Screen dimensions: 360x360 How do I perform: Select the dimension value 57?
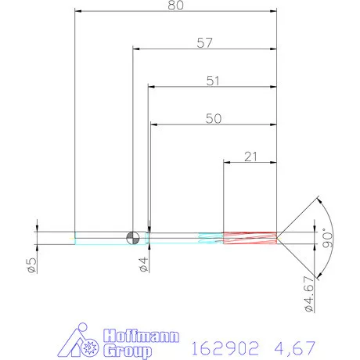pyautogui.click(x=205, y=44)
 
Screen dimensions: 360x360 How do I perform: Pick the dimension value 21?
pyautogui.click(x=251, y=156)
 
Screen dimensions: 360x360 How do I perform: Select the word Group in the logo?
pyautogui.click(x=128, y=351)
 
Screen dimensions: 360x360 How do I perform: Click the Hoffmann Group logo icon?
pyautogui.click(x=82, y=341)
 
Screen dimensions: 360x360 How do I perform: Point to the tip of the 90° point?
pyautogui.click(x=279, y=236)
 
